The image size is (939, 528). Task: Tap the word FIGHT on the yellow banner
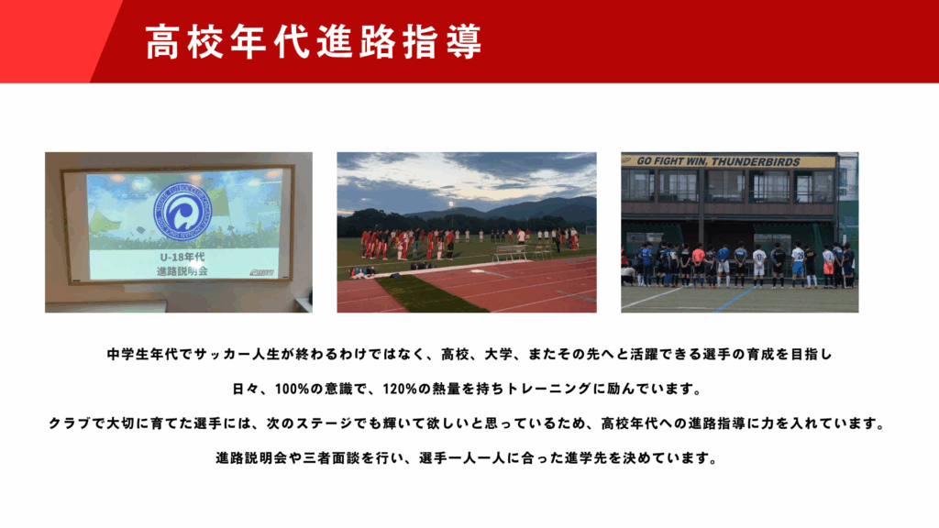[668, 161]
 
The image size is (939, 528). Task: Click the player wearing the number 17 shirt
[759, 267]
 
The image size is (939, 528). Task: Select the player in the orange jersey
[698, 265]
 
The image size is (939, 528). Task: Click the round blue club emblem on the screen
[182, 212]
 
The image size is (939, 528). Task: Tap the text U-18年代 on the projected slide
[182, 257]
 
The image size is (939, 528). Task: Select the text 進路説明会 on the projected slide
[182, 271]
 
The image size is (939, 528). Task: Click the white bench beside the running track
[509, 253]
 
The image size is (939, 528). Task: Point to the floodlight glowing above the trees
[450, 205]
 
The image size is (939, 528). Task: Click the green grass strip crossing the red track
[431, 294]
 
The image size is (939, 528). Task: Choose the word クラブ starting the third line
[70, 423]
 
